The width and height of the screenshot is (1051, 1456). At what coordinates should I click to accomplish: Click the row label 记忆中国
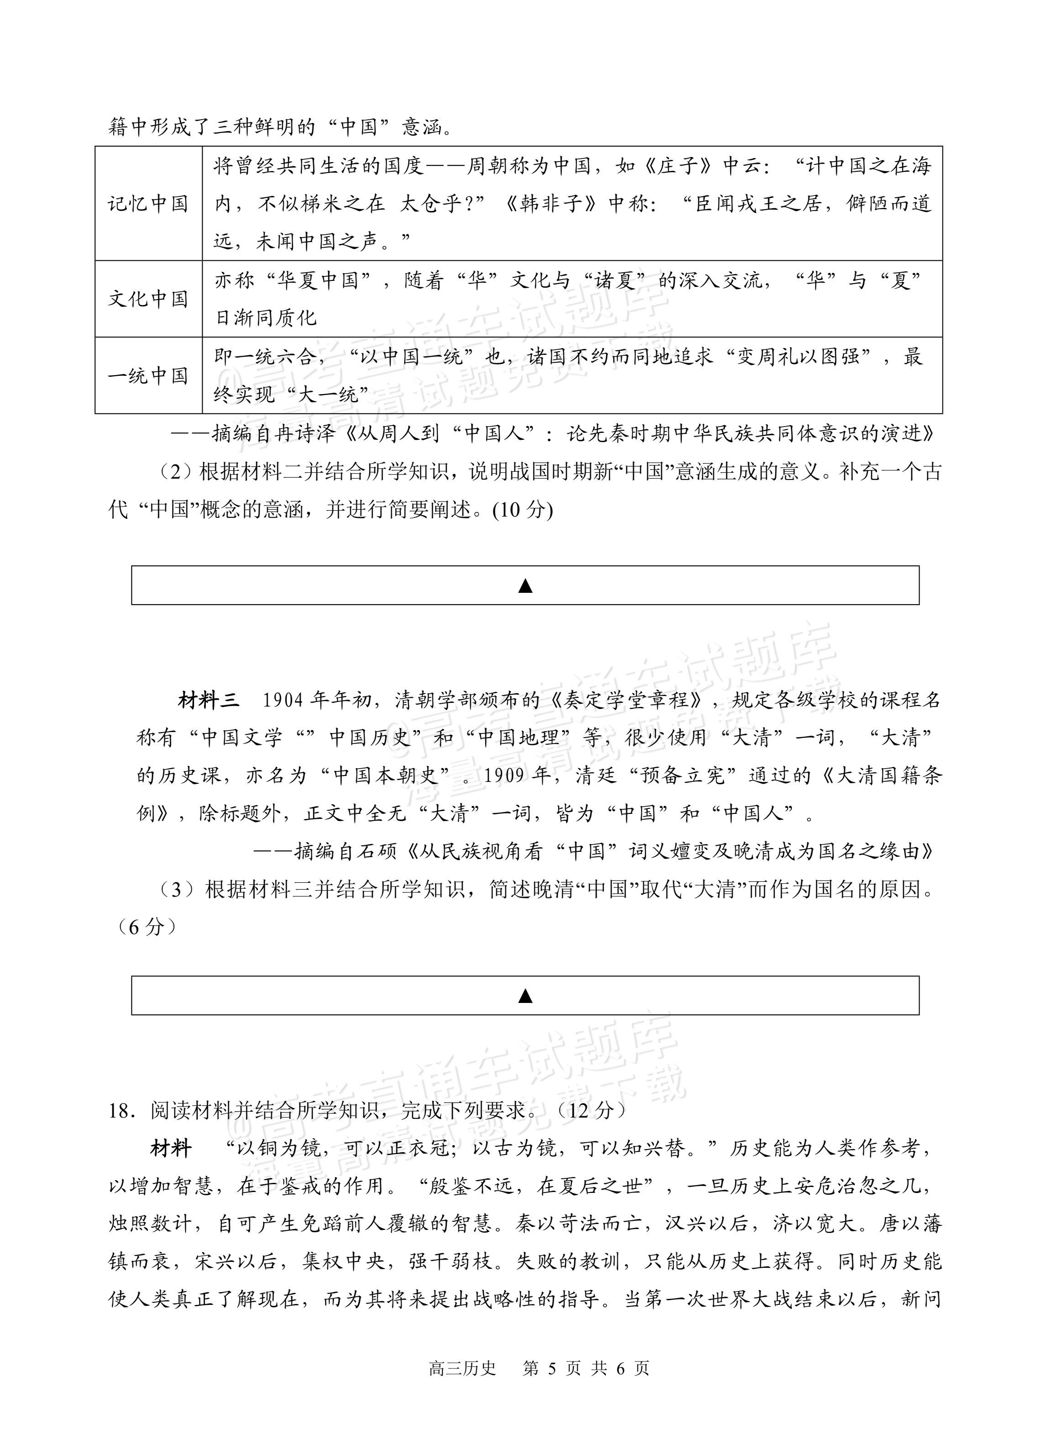point(147,204)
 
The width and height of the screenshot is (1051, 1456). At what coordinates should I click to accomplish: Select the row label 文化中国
point(147,299)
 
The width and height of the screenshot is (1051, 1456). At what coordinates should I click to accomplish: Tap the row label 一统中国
point(147,375)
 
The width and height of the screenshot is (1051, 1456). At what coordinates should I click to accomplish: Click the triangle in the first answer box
point(525,586)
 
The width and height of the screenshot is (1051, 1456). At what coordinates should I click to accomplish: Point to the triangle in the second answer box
point(525,996)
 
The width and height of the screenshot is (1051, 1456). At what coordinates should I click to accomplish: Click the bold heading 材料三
point(209,701)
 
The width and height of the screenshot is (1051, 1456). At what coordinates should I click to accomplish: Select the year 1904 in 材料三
point(283,701)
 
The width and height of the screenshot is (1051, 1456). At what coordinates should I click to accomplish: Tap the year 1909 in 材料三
point(509,776)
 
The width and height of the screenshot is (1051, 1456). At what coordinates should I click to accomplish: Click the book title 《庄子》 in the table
point(677,166)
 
